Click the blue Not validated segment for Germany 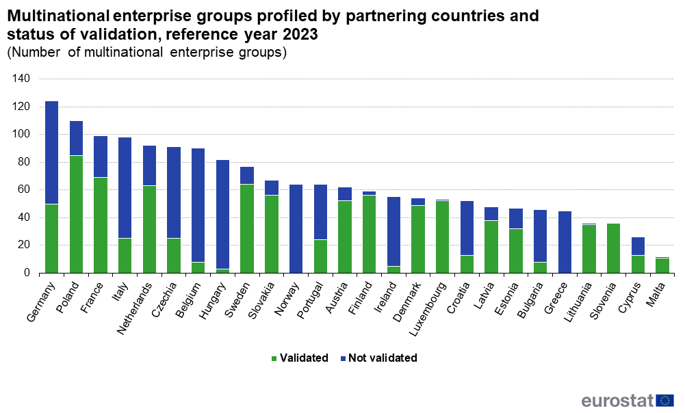51,152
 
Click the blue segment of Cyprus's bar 638,245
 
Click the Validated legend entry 299,358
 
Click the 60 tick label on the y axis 24,190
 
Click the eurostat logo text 617,400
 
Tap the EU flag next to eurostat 665,400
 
